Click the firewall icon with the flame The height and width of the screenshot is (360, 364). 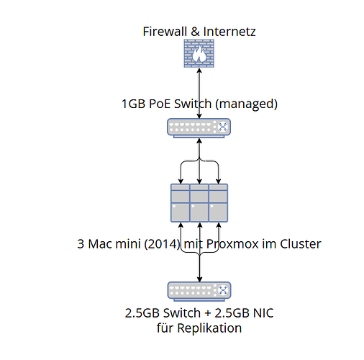(x=199, y=53)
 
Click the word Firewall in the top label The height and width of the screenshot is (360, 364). (x=165, y=32)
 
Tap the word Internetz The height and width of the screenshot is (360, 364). (x=229, y=32)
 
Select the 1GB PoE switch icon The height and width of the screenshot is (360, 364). (x=199, y=128)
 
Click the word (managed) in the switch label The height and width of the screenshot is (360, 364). (x=246, y=104)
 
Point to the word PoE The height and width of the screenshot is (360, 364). (x=160, y=104)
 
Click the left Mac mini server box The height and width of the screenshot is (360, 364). (x=181, y=203)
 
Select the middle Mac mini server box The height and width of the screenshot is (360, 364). (x=199, y=203)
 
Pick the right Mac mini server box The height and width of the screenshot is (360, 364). (x=218, y=203)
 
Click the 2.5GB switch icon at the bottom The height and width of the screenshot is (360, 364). (x=199, y=292)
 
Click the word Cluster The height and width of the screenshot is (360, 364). (x=301, y=244)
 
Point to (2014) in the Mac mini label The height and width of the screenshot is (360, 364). (x=163, y=244)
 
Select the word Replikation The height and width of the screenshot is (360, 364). (x=209, y=328)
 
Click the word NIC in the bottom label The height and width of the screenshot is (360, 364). (x=263, y=313)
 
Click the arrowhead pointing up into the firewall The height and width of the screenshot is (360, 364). (x=199, y=71)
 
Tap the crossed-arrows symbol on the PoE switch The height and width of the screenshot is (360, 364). (x=222, y=127)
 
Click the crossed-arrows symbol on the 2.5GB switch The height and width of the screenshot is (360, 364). (x=223, y=290)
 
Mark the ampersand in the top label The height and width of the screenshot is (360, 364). (x=195, y=32)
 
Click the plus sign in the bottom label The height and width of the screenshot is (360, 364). (x=207, y=313)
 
